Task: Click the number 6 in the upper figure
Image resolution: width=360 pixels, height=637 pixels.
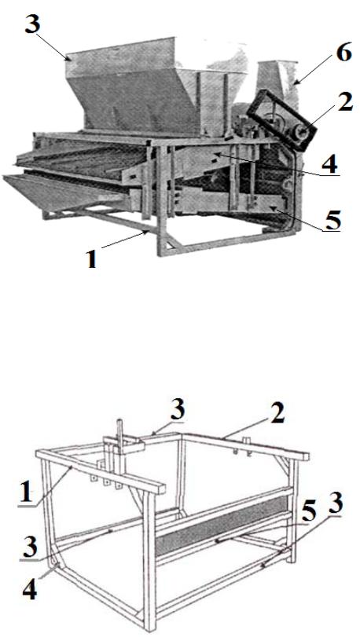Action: [343, 53]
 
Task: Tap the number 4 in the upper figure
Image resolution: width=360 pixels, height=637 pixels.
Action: [329, 164]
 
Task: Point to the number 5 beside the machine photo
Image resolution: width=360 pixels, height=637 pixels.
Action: [332, 220]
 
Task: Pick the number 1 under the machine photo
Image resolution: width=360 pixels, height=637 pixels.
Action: [92, 258]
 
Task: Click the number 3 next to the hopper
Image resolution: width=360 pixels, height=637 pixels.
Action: [32, 25]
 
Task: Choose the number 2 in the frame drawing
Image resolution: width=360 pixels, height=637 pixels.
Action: [277, 414]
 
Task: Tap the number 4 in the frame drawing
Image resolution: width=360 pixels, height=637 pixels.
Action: [29, 591]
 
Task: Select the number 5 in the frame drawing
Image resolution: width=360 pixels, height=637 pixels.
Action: [308, 514]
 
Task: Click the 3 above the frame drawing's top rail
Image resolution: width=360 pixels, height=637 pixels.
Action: [177, 411]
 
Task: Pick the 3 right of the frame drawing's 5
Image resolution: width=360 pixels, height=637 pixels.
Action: [336, 503]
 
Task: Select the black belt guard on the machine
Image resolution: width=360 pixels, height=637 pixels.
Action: [282, 120]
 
